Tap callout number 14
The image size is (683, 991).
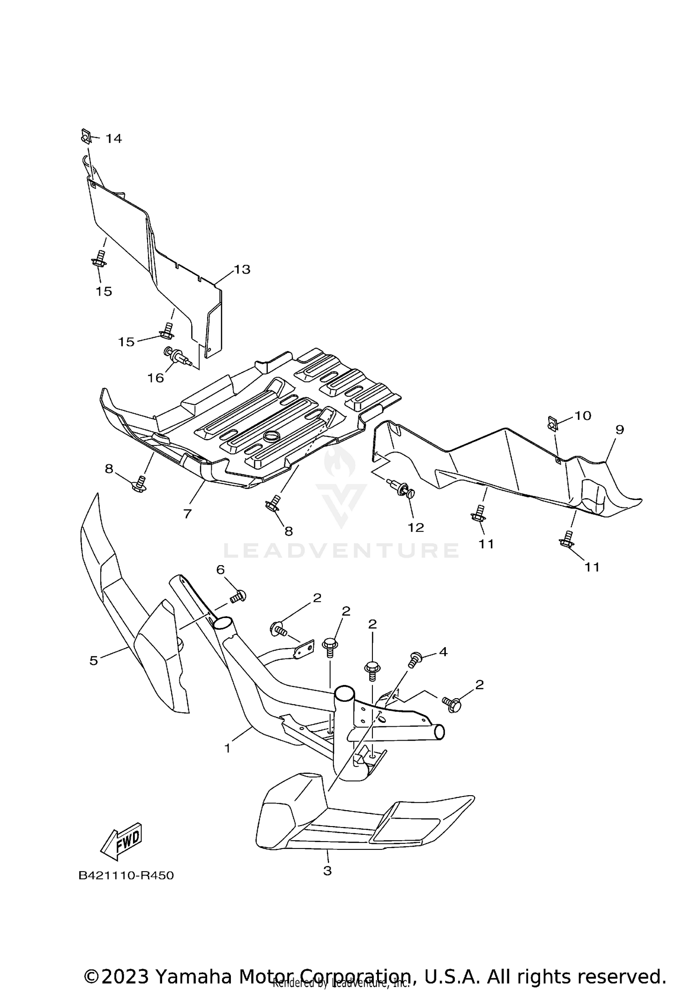click(x=114, y=138)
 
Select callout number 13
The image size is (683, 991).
click(x=242, y=270)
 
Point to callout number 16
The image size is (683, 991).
click(x=156, y=378)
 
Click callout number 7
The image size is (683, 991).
click(x=187, y=514)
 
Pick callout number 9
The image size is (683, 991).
click(x=619, y=429)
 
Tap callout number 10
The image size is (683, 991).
click(x=582, y=415)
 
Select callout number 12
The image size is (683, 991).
click(x=416, y=527)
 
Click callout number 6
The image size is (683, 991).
click(x=220, y=569)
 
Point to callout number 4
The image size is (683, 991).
click(x=443, y=652)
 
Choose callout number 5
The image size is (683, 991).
click(x=94, y=660)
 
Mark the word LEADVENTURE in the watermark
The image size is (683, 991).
click(x=341, y=550)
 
